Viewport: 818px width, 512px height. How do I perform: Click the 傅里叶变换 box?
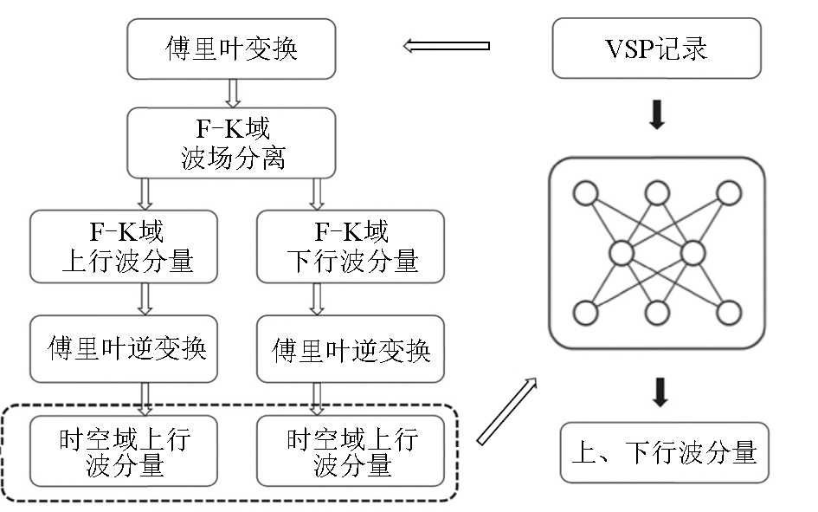pyautogui.click(x=231, y=49)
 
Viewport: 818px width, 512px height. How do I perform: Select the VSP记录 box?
pyautogui.click(x=656, y=49)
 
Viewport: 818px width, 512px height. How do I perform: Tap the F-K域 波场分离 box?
pyautogui.click(x=231, y=143)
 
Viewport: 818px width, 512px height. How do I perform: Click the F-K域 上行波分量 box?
pyautogui.click(x=127, y=246)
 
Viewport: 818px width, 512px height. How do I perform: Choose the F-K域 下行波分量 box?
pyautogui.click(x=351, y=246)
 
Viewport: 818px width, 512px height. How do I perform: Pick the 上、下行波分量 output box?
pyautogui.click(x=664, y=451)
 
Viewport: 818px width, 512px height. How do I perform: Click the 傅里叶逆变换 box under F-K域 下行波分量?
pyautogui.click(x=351, y=349)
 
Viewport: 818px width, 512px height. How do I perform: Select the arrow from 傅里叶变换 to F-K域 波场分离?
pyautogui.click(x=232, y=93)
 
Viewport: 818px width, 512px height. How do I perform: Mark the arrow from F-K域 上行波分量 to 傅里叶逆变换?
pyautogui.click(x=145, y=298)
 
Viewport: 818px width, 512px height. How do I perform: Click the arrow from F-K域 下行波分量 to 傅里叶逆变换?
pyautogui.click(x=318, y=298)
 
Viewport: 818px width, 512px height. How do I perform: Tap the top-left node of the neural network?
pyautogui.click(x=586, y=193)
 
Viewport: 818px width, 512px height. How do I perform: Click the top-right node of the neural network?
pyautogui.click(x=729, y=193)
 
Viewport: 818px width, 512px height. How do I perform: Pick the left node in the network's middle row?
pyautogui.click(x=622, y=254)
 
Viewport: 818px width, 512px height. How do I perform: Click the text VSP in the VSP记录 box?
pyautogui.click(x=629, y=49)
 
